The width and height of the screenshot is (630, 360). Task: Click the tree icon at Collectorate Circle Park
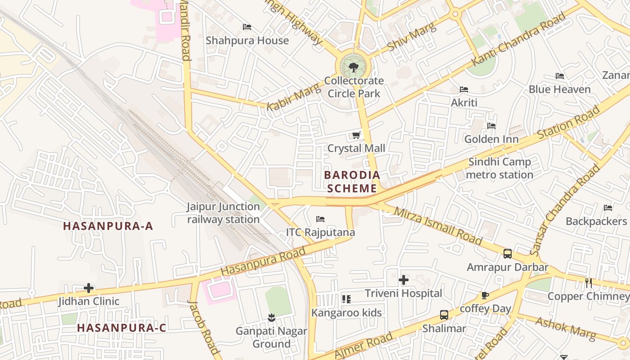[353, 67]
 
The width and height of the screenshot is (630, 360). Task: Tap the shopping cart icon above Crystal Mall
[356, 135]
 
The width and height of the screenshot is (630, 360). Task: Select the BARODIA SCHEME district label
[352, 181]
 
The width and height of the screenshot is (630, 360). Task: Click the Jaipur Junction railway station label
[224, 213]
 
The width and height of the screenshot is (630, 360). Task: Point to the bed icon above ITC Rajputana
[320, 219]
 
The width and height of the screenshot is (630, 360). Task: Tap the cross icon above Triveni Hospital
[404, 280]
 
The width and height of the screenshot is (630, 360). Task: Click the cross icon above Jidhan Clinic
[89, 288]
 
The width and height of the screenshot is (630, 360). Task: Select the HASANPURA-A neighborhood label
[108, 226]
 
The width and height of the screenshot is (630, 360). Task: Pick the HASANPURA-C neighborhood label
[121, 328]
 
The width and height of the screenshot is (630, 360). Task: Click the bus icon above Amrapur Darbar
[508, 254]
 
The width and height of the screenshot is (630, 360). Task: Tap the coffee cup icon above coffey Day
[485, 296]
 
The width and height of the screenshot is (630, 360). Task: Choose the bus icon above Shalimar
[444, 315]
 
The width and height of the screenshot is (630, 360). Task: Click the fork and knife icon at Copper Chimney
[588, 283]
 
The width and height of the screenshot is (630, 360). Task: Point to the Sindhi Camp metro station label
[499, 168]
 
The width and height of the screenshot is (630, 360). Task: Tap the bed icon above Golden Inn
[491, 126]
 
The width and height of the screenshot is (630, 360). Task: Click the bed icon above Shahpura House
[247, 27]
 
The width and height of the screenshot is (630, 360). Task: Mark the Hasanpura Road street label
[263, 263]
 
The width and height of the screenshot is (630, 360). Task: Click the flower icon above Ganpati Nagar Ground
[271, 318]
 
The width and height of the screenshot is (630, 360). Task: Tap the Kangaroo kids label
[346, 313]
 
